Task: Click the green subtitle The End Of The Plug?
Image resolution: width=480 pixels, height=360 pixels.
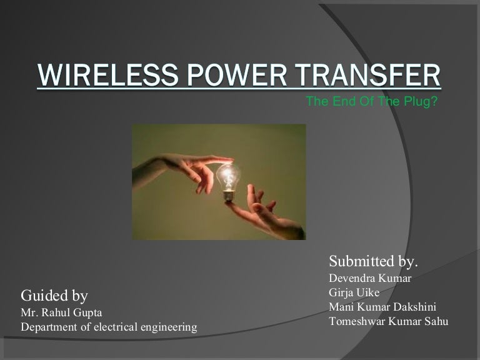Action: click(x=371, y=102)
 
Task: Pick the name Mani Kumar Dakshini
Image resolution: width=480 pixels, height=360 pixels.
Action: click(x=382, y=307)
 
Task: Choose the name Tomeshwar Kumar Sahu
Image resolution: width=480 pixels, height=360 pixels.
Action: click(x=388, y=322)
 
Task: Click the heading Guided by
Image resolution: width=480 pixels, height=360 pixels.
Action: click(x=54, y=295)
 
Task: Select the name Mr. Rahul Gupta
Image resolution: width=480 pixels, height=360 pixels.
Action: click(x=62, y=312)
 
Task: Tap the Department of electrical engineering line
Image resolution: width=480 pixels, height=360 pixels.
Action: click(x=109, y=327)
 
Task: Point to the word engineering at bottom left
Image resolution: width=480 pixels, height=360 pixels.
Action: click(x=167, y=327)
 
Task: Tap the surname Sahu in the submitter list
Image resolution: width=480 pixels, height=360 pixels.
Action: click(x=435, y=322)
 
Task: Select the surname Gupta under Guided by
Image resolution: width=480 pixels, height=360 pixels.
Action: click(x=88, y=312)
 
